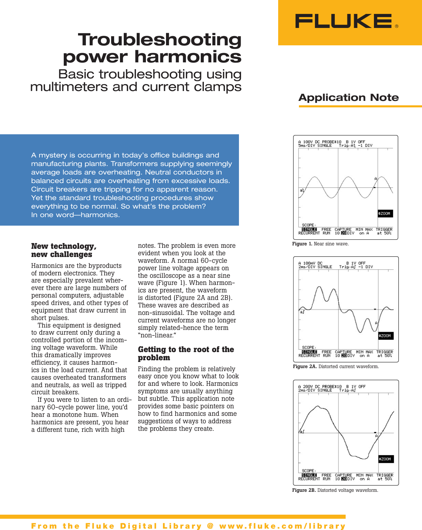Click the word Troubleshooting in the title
(x=160, y=40)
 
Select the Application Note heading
(x=348, y=97)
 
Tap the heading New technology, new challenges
(x=64, y=250)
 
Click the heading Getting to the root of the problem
(x=186, y=353)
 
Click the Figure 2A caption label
(x=305, y=366)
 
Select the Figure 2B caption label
(x=304, y=490)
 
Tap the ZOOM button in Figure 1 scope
(x=385, y=214)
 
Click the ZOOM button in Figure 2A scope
(x=386, y=336)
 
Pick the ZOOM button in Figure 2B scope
(x=386, y=459)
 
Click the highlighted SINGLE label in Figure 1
(x=309, y=229)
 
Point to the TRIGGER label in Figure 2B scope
(x=385, y=475)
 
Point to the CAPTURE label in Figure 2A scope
(x=343, y=352)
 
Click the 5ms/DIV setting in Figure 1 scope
(x=306, y=146)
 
